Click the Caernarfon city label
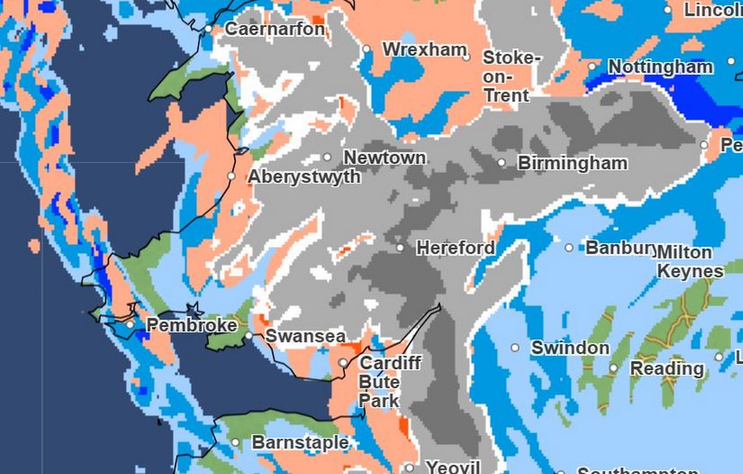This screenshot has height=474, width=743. tap(274, 29)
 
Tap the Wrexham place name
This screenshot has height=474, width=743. tap(424, 49)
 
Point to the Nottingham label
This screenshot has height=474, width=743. tap(660, 67)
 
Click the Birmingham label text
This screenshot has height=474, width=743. tap(572, 164)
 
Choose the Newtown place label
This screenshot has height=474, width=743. tap(385, 157)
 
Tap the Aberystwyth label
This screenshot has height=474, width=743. tap(304, 177)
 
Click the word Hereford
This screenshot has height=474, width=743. tap(456, 248)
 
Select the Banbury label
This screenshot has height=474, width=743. tap(620, 248)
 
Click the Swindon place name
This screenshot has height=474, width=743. tap(570, 348)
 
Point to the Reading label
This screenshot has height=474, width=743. tap(667, 369)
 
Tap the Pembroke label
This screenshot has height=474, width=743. tap(191, 325)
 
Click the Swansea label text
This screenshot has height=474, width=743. tap(305, 336)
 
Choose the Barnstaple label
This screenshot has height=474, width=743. tap(300, 443)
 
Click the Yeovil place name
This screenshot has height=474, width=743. tap(453, 467)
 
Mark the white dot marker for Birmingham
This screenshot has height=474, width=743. tap(502, 163)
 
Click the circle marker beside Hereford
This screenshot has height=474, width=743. tap(401, 248)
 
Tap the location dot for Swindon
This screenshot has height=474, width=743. tap(515, 348)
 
